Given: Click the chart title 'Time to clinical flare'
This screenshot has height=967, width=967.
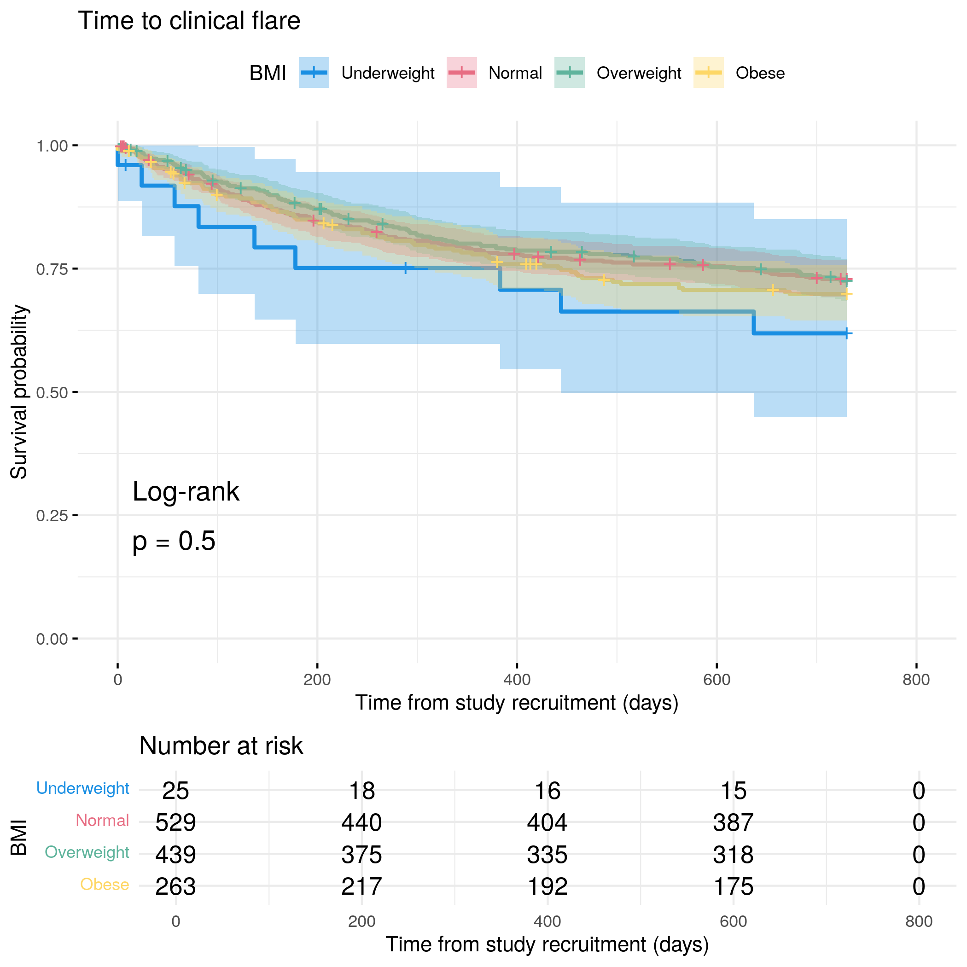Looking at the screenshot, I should click(189, 21).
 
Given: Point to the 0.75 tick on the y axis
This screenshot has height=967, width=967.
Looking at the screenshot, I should click(52, 269).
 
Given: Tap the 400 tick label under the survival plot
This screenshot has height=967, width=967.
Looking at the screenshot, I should click(517, 680).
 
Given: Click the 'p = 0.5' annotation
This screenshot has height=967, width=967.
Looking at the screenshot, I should click(174, 541).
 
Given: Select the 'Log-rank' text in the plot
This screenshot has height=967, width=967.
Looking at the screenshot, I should click(186, 491).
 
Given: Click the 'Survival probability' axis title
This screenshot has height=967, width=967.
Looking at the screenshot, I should click(19, 392).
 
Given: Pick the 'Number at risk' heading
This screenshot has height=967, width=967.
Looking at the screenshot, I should click(221, 746).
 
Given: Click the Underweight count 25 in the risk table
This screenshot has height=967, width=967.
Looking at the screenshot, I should click(176, 791).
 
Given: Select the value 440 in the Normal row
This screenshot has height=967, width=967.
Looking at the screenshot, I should click(361, 822).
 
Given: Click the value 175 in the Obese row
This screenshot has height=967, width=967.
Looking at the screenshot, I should click(733, 886).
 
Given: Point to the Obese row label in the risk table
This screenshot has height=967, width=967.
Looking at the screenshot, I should click(105, 885).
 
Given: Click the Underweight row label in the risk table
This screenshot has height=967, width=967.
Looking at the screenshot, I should click(82, 788).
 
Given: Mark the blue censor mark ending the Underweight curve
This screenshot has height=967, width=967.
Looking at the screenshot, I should click(846, 333).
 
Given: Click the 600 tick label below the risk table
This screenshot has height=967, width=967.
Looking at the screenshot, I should click(733, 921).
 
